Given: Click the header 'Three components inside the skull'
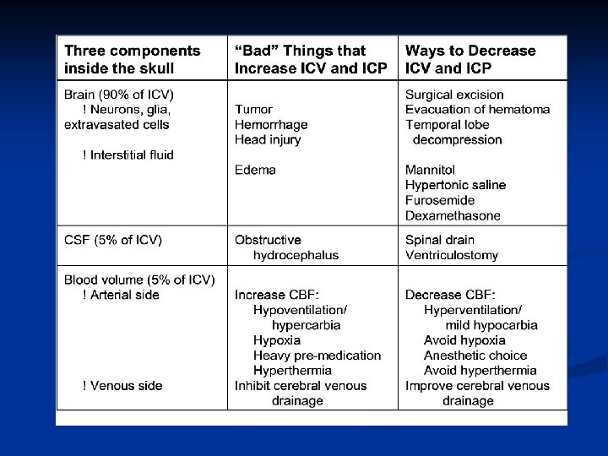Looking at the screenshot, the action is [x=133, y=58].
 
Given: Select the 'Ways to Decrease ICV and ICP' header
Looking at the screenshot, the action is [x=470, y=58].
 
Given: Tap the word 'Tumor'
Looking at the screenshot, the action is [x=253, y=110].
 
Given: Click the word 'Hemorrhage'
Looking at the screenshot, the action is [x=271, y=125].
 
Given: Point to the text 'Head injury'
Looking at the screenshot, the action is [x=268, y=140].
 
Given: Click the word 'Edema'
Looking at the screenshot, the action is [x=255, y=170].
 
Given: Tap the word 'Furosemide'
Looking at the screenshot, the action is [x=440, y=200].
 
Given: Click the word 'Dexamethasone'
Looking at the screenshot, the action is [x=453, y=215].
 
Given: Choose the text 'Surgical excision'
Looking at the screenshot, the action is [x=454, y=95].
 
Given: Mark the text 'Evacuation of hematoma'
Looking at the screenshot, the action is [x=477, y=110].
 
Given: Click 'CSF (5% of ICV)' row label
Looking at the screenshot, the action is [x=113, y=240].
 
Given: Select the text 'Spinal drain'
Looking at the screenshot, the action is [x=440, y=240].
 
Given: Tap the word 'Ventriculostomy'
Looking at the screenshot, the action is [x=452, y=255].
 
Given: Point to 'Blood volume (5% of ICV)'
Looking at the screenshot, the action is [x=139, y=280].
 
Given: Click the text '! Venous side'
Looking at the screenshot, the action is [x=122, y=386].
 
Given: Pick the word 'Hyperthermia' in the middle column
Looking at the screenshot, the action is [x=292, y=371].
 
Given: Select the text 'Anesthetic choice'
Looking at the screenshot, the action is [x=475, y=356].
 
